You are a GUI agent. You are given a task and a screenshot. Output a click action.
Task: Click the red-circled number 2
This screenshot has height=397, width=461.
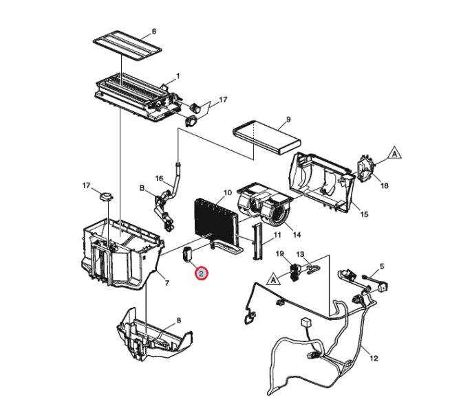coord(202,274)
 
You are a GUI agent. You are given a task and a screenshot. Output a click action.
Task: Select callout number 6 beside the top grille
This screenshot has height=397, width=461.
coord(154,31)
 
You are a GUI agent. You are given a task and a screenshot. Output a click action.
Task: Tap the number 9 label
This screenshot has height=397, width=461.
coord(288,120)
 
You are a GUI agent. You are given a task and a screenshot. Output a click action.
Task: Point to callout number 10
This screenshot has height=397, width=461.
coord(228,193)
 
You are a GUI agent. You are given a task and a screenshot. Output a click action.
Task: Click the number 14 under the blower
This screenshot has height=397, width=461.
coord(297,234)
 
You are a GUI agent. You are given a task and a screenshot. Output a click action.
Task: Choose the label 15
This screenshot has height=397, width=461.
coord(364,214)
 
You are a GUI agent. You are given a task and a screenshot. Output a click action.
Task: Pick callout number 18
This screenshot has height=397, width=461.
coord(384,185)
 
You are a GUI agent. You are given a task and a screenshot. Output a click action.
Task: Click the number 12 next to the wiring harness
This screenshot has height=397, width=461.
coord(374,359)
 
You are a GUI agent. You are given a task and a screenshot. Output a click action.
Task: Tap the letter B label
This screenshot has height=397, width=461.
coord(142,188)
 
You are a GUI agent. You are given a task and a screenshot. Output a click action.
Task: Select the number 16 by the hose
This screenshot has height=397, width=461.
coord(159,179)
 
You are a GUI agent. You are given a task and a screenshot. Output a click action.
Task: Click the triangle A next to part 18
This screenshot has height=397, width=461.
coord(395,152)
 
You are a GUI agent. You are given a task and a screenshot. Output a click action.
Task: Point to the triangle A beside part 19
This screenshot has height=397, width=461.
coord(273,280)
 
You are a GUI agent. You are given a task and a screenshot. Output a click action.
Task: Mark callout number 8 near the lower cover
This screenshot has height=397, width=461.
coord(179,321)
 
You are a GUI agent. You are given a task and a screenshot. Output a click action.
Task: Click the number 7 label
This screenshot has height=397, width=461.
coord(167,283)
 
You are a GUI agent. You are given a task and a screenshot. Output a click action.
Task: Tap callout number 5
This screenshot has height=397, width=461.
coord(382,266)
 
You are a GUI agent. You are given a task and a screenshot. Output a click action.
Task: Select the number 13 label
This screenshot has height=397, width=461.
coord(300,254)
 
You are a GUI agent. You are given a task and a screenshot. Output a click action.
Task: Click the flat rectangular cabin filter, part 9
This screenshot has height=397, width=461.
coord(266,137)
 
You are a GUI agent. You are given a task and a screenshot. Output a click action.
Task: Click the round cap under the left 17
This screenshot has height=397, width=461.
coord(107,196)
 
